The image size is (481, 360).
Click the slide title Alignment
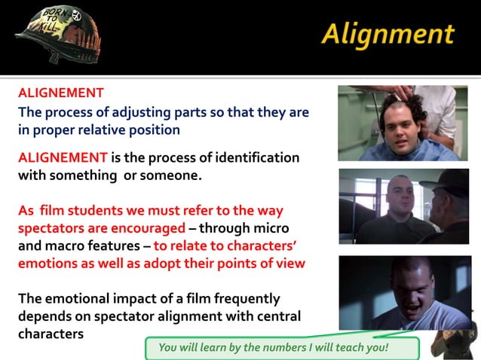click(388, 34)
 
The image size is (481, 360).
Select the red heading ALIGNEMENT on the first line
click(60, 93)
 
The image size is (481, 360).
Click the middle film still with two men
click(403, 206)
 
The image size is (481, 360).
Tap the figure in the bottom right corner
click(452, 343)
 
